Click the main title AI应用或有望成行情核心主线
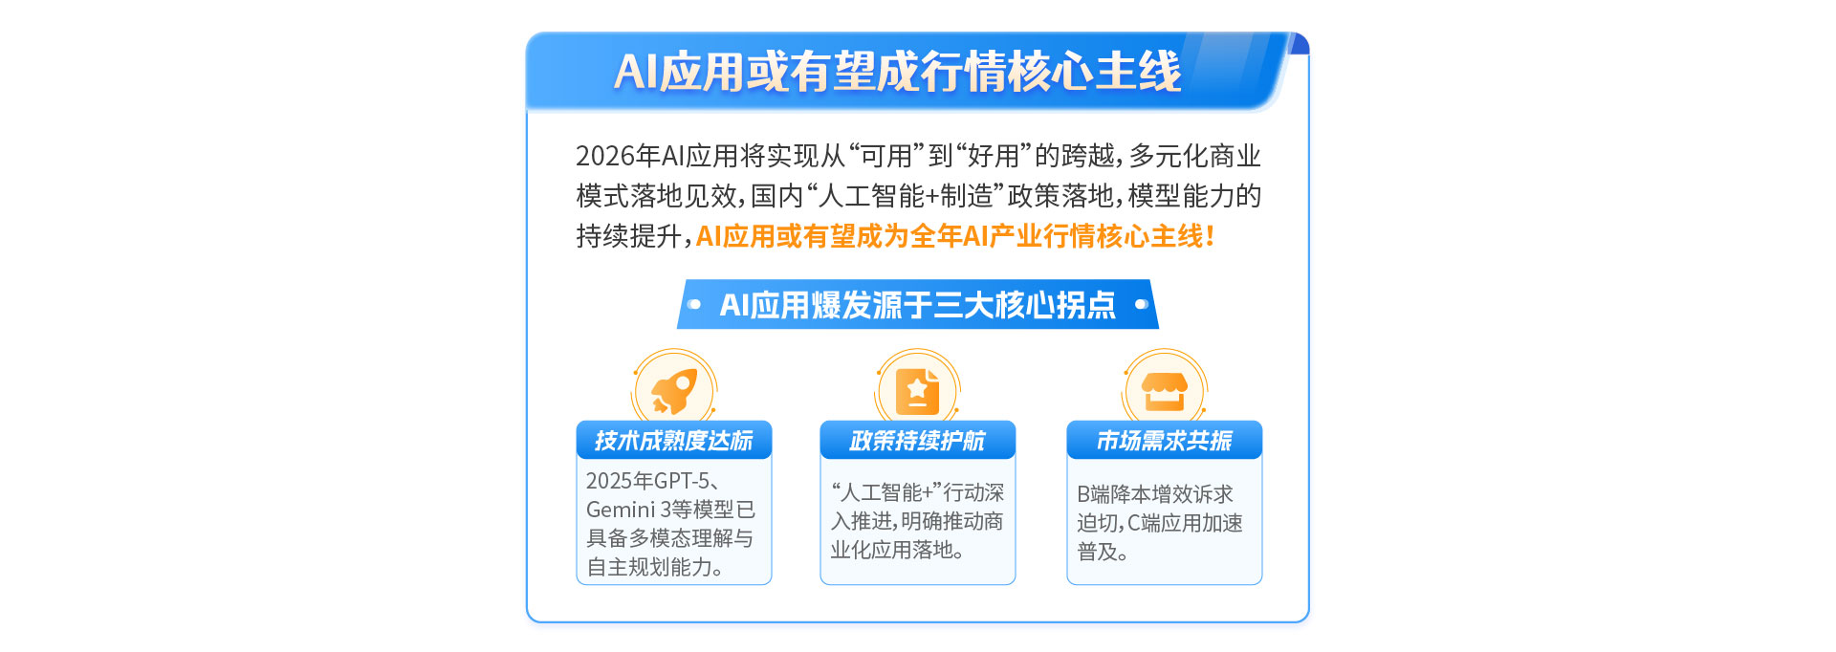click(x=897, y=72)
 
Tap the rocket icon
click(x=674, y=390)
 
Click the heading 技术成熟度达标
click(x=673, y=441)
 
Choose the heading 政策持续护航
click(x=917, y=441)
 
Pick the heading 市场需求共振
click(x=1164, y=441)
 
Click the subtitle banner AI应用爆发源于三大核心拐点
click(x=918, y=305)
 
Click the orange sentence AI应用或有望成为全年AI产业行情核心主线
click(x=954, y=236)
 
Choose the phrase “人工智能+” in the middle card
click(x=886, y=492)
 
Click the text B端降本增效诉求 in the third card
click(x=1155, y=494)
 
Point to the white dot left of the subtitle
click(x=694, y=305)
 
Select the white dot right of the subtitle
click(x=1141, y=305)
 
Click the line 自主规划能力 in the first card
click(x=654, y=567)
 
